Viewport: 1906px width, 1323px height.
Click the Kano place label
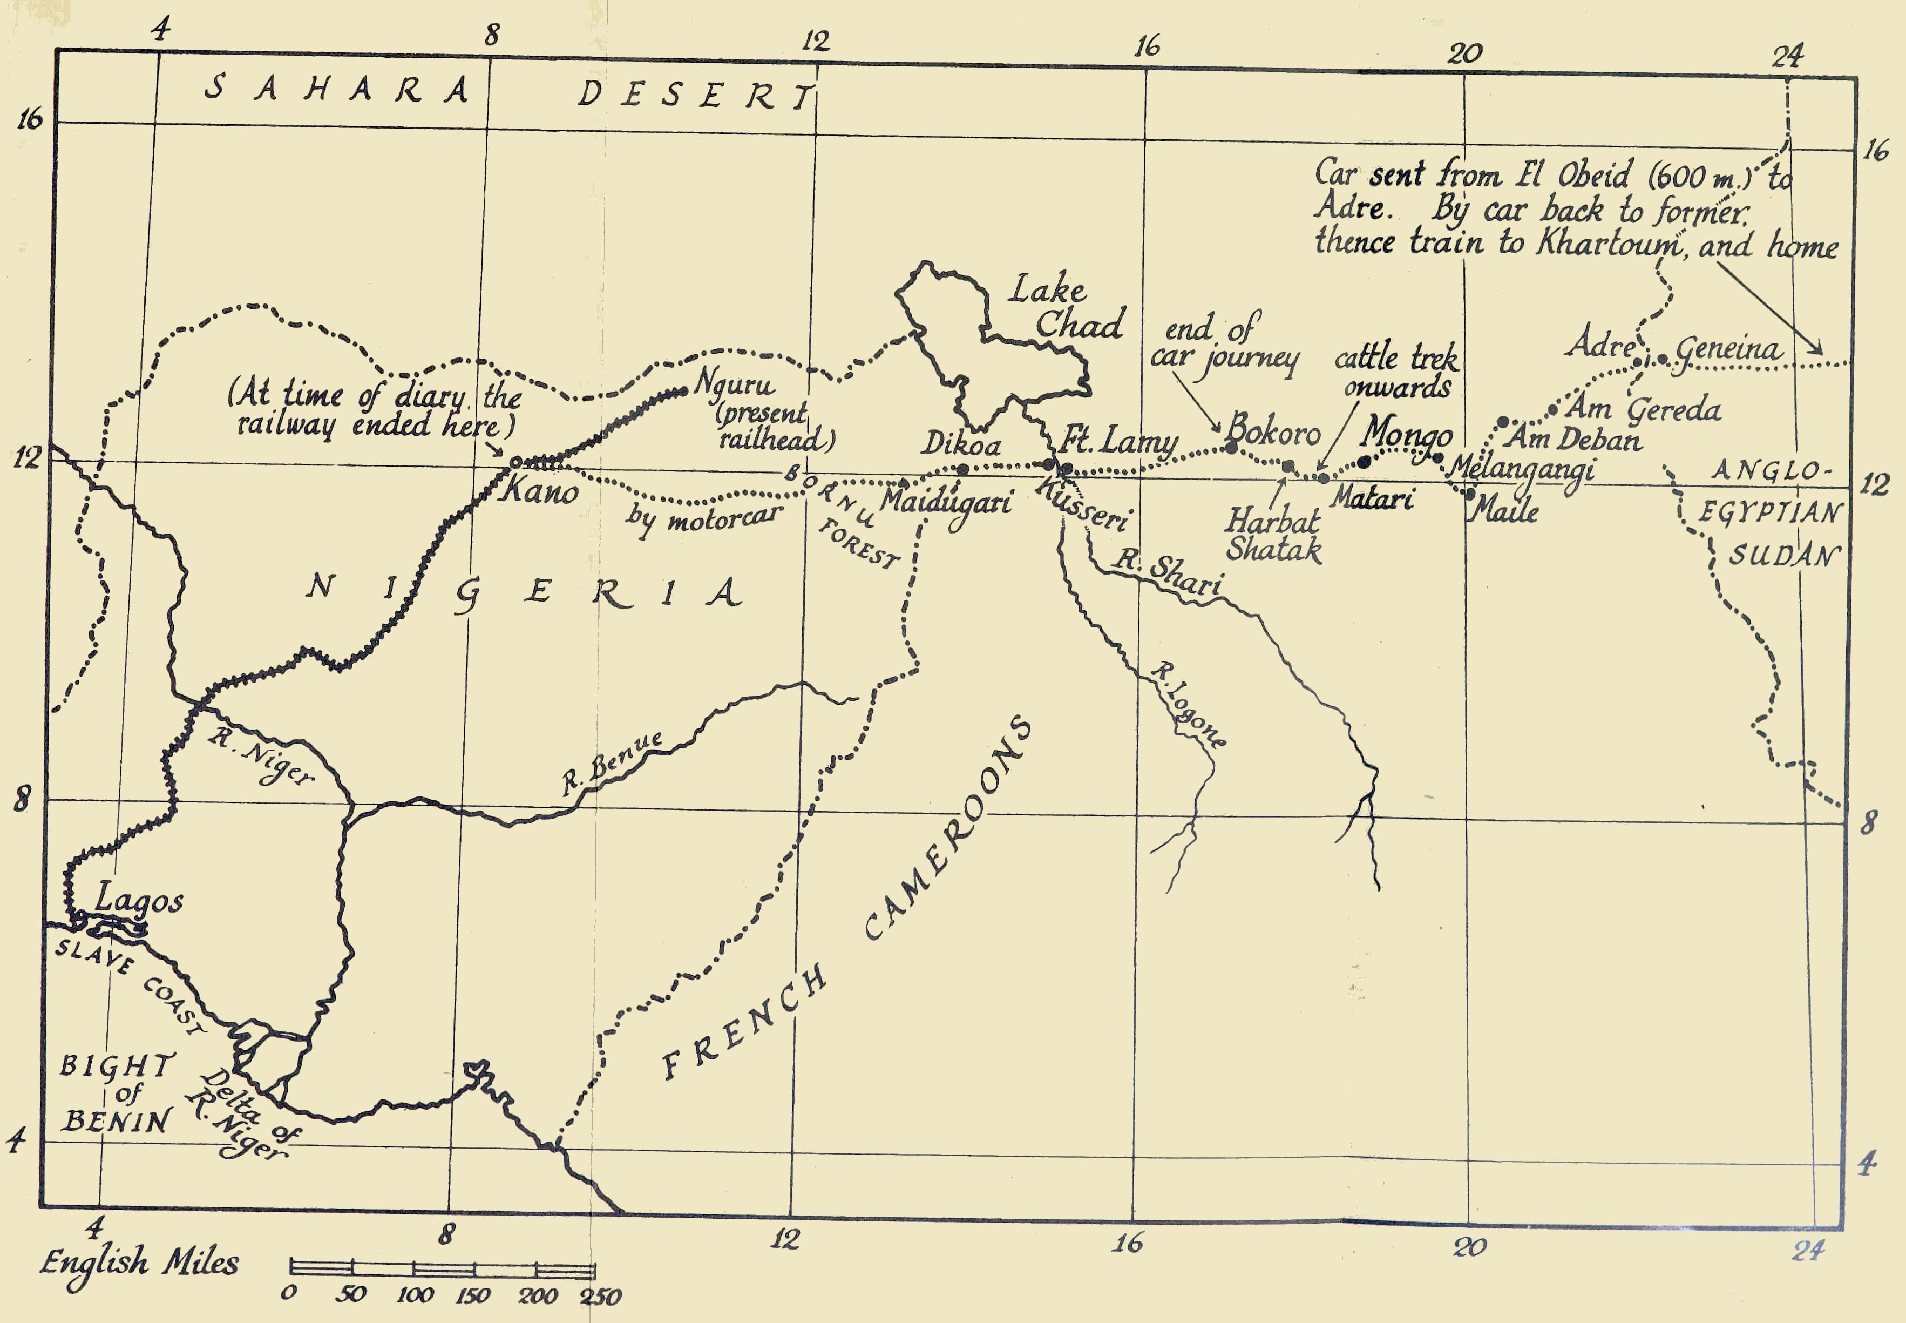539,491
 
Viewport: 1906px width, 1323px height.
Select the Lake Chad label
1065,308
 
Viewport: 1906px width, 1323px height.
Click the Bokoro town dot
1231,448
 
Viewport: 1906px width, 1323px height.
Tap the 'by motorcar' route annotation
703,519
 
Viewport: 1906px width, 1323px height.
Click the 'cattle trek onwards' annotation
1396,372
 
